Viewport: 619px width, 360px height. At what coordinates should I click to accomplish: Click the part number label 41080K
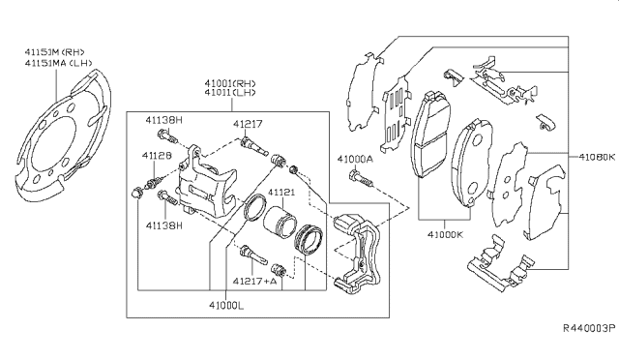(x=597, y=157)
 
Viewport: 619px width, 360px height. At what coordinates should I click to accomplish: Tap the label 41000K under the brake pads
(x=445, y=234)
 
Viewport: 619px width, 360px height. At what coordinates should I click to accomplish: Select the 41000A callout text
(x=355, y=159)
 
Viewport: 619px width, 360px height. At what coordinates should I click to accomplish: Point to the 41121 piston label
(x=281, y=192)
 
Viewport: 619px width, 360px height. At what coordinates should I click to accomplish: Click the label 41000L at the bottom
(x=226, y=305)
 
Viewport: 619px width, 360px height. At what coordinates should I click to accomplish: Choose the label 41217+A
(x=254, y=281)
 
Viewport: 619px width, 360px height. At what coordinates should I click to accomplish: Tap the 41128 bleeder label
(x=157, y=155)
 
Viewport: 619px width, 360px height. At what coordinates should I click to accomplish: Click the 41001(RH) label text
(x=230, y=83)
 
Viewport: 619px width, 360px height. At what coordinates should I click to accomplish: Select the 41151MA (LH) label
(x=58, y=63)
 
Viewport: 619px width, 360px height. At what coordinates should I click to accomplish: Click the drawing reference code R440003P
(x=589, y=328)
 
